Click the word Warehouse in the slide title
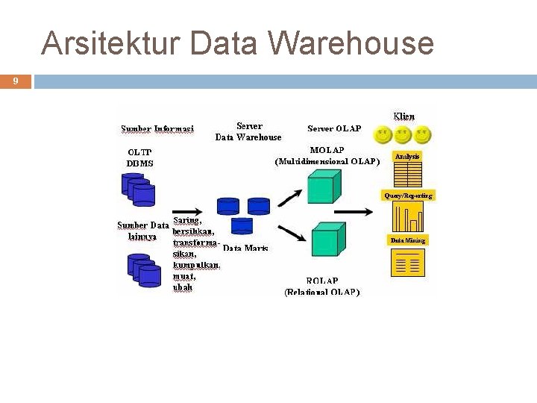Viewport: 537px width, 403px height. pos(351,43)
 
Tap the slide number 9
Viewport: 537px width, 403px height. pos(16,81)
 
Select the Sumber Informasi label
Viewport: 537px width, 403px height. pos(157,129)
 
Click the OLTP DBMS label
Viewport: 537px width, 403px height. pos(139,157)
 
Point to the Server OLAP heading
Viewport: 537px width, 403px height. pos(334,128)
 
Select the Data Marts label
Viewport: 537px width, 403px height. pos(245,248)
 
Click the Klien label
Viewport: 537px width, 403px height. pos(404,116)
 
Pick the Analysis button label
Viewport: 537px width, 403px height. pos(407,157)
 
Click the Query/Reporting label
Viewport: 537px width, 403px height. pos(407,196)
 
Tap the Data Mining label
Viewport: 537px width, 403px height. pos(407,240)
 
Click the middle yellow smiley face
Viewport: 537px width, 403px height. pos(403,136)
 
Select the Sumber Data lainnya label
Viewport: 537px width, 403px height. pos(142,231)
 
